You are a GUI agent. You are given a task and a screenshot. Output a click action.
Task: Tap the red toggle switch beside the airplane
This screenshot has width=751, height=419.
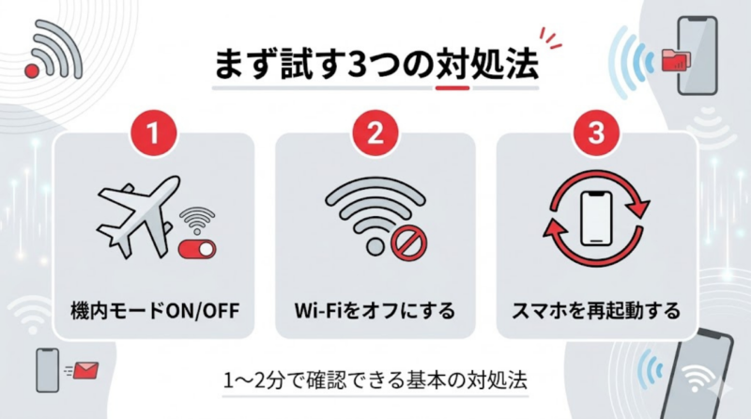[198, 249]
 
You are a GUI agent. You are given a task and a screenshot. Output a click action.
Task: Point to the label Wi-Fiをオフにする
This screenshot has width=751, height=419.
[375, 307]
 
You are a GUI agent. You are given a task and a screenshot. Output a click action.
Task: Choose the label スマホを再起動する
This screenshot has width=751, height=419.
[596, 307]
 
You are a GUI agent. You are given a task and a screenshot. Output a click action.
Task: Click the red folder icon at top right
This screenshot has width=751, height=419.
[675, 58]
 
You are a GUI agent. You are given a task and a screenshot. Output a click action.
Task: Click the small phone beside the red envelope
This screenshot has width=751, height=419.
[47, 370]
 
